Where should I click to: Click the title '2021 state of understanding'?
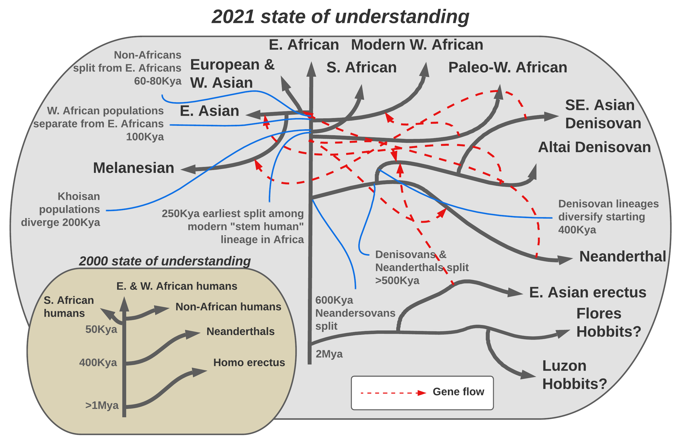340,17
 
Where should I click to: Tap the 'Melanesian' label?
133,168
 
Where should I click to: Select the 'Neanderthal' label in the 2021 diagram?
623,256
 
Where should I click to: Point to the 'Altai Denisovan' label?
594,147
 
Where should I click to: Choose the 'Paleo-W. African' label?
508,68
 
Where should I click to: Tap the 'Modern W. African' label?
417,45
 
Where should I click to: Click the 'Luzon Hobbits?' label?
574,375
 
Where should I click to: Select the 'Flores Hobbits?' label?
609,323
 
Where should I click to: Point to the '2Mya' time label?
329,354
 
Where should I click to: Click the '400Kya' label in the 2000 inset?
98,363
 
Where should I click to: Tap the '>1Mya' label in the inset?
102,405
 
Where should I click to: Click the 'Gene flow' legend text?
458,392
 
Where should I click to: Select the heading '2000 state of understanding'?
165,261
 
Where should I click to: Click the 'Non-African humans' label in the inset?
228,307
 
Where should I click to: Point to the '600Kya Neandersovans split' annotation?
355,313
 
